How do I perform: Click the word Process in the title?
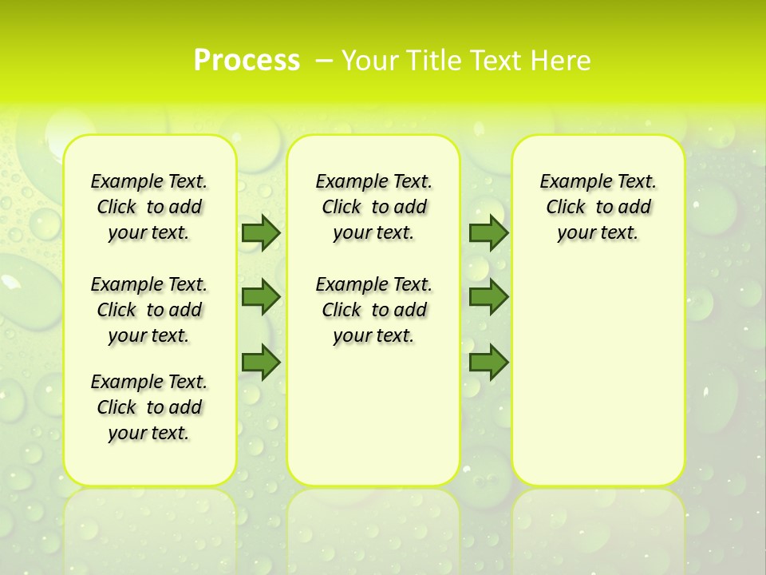tap(247, 60)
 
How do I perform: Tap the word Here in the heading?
tap(562, 60)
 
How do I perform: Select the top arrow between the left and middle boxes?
tap(261, 232)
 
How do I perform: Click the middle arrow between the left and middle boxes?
tap(261, 297)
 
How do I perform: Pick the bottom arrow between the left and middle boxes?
tap(261, 363)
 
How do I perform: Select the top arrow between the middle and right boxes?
tap(488, 232)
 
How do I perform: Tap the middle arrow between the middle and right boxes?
tap(488, 297)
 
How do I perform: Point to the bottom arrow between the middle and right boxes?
tap(488, 363)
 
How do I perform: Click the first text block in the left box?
tap(149, 207)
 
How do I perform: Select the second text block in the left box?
tap(149, 310)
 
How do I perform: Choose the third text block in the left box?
tap(149, 407)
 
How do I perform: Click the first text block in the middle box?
tap(373, 207)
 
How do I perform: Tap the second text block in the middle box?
tap(373, 310)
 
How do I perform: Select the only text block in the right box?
tap(598, 207)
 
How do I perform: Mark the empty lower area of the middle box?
tap(373, 415)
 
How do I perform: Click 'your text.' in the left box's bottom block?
tap(149, 433)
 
